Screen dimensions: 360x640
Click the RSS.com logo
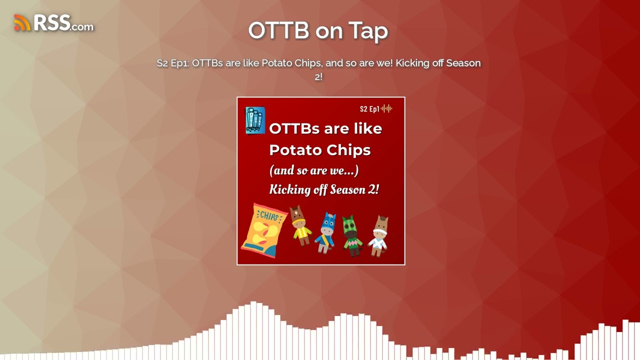click(x=54, y=23)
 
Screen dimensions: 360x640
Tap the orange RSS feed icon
click(x=22, y=23)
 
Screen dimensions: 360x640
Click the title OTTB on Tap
click(x=318, y=30)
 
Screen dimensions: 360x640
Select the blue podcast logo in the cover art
click(x=255, y=120)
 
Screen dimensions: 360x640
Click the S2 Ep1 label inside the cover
click(x=369, y=109)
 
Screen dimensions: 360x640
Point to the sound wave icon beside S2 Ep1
click(x=386, y=109)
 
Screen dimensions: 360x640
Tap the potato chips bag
click(x=263, y=230)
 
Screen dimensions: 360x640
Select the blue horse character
click(x=327, y=232)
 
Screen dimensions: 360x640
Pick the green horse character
click(x=352, y=235)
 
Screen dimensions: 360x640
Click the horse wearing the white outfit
click(x=379, y=235)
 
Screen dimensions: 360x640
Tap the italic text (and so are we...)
click(x=314, y=170)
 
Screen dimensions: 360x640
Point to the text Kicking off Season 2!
click(x=324, y=189)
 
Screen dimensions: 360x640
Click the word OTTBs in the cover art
click(x=294, y=128)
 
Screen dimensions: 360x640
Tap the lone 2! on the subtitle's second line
click(x=318, y=77)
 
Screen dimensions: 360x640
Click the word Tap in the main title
click(x=368, y=30)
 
